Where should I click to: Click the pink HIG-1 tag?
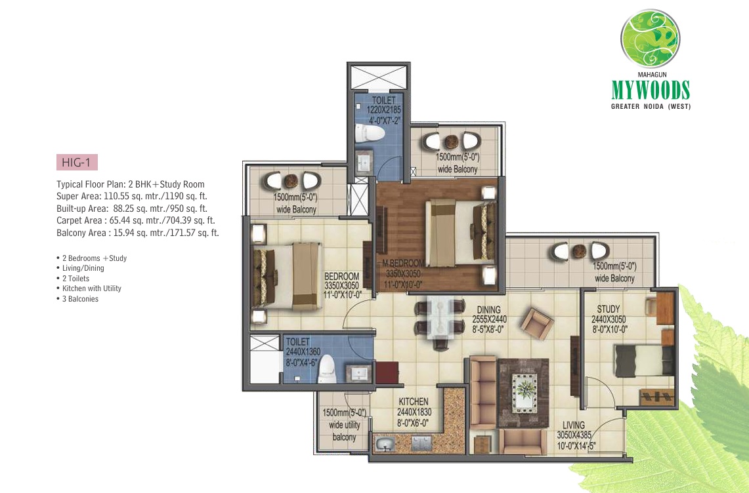[x=77, y=163]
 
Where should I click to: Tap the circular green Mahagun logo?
[x=650, y=38]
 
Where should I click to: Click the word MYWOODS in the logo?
[x=651, y=90]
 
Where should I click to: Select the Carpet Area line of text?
[x=136, y=220]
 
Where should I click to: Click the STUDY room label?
[x=608, y=309]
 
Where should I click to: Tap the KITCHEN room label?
[x=414, y=402]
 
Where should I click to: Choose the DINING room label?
[x=488, y=309]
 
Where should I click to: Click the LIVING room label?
[x=573, y=425]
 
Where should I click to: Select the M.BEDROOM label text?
[x=403, y=263]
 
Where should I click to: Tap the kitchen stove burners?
[x=421, y=443]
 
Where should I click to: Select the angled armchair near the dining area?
[x=537, y=323]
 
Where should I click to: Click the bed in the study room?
[x=643, y=361]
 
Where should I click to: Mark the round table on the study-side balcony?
[x=580, y=250]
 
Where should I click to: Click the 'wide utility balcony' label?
[x=344, y=425]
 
